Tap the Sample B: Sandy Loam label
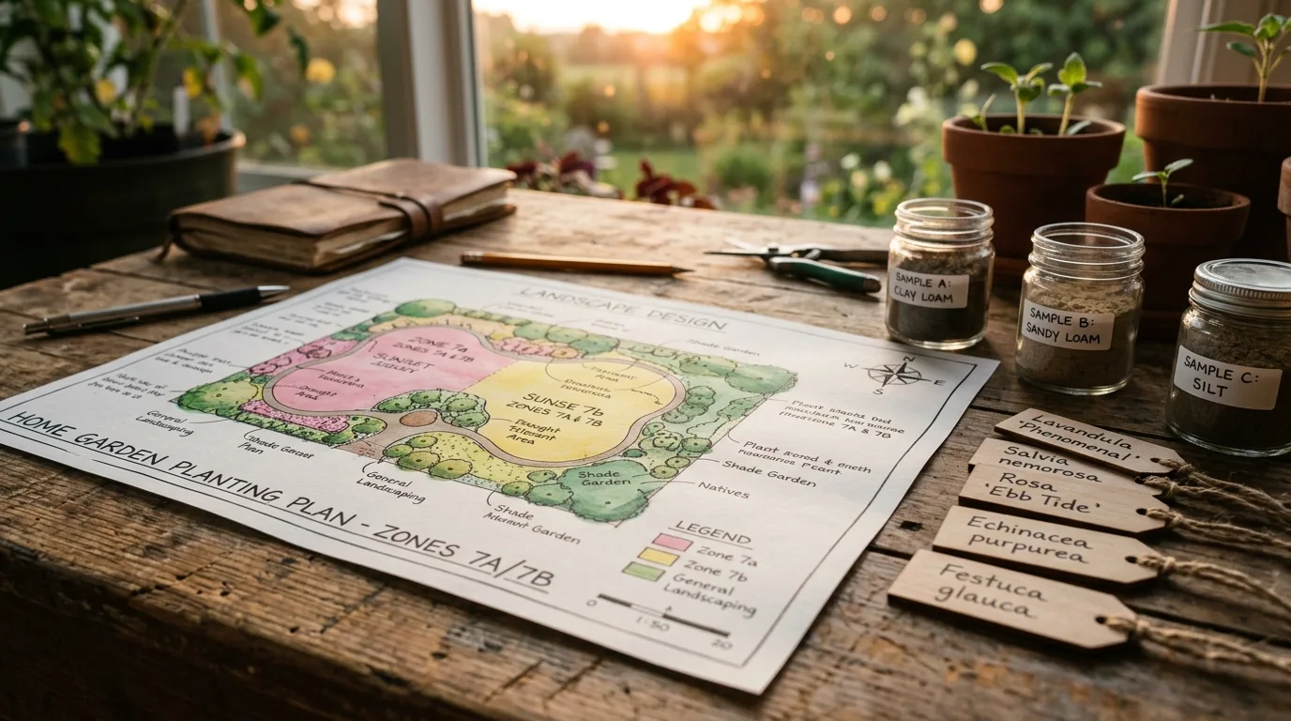coord(1067,325)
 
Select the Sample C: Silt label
coord(1226,376)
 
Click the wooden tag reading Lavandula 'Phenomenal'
coord(1087,440)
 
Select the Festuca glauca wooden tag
coord(1004,597)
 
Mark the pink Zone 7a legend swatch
coord(672,542)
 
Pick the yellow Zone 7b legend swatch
coord(658,557)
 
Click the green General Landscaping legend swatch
coord(643,571)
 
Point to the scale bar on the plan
coord(661,615)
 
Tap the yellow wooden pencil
coord(574,264)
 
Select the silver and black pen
coord(155,309)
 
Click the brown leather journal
coord(342,214)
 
